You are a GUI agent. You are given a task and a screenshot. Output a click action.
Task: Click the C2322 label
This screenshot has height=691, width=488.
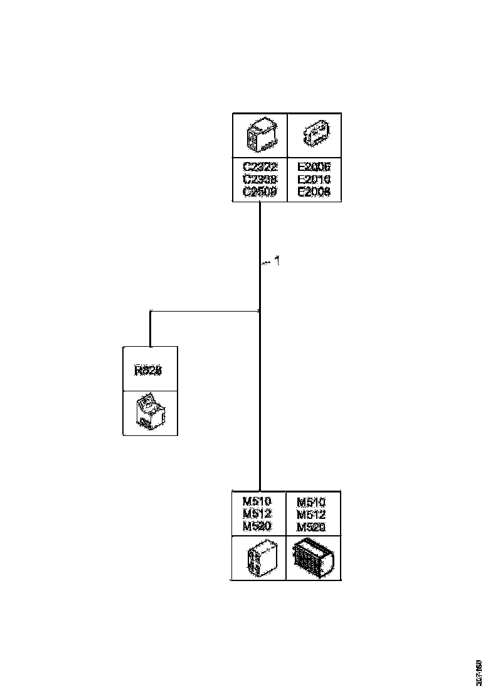(260, 168)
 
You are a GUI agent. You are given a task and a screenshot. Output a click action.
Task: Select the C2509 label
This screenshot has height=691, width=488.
(260, 192)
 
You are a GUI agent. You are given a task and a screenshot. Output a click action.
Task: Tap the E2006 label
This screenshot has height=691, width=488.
(314, 168)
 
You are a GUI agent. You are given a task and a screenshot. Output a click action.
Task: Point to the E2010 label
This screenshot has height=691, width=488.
(314, 180)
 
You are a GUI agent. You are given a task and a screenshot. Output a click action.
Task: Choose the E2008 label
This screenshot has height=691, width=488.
(314, 192)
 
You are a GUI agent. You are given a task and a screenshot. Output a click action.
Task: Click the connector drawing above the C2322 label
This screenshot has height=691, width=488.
(260, 135)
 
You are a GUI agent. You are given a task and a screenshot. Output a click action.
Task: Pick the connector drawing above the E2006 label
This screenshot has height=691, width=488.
(314, 135)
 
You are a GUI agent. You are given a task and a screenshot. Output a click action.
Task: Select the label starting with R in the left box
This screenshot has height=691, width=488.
(149, 371)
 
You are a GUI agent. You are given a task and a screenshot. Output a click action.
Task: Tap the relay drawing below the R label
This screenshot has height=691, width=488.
(150, 413)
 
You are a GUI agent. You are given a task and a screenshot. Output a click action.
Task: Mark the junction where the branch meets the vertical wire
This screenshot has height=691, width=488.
(260, 310)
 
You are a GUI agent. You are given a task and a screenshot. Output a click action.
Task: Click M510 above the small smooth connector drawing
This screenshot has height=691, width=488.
(257, 502)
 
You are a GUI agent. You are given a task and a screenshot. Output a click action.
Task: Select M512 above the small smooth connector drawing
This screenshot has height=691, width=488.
(257, 514)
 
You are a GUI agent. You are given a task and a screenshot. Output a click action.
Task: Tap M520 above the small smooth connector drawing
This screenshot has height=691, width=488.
(257, 526)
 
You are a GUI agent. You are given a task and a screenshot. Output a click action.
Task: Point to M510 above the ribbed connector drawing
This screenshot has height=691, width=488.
(311, 502)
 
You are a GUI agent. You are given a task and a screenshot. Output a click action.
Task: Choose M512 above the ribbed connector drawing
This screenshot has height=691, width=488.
(311, 514)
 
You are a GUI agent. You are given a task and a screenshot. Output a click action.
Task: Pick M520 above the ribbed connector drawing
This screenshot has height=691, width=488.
(311, 526)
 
